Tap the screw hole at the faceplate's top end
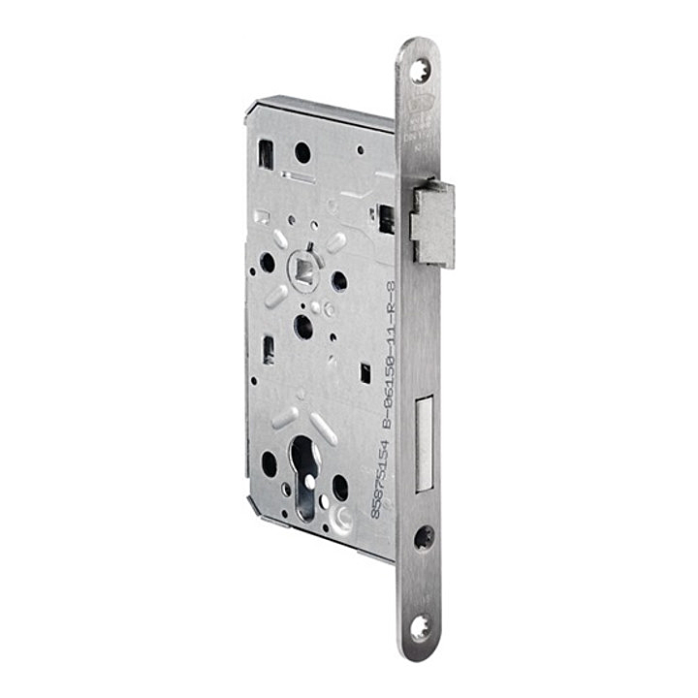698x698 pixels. click(x=420, y=70)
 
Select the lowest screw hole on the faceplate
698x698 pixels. click(x=420, y=626)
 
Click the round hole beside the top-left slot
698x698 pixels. click(x=302, y=152)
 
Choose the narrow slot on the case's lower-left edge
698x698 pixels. click(x=269, y=351)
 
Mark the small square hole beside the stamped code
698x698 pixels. click(x=365, y=371)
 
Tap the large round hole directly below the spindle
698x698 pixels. click(x=303, y=327)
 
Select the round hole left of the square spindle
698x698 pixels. click(x=267, y=263)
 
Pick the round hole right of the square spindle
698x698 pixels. click(x=339, y=281)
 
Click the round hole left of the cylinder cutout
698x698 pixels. click(x=269, y=464)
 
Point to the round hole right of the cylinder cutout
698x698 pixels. click(x=340, y=487)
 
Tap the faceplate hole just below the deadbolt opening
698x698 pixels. click(x=424, y=538)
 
